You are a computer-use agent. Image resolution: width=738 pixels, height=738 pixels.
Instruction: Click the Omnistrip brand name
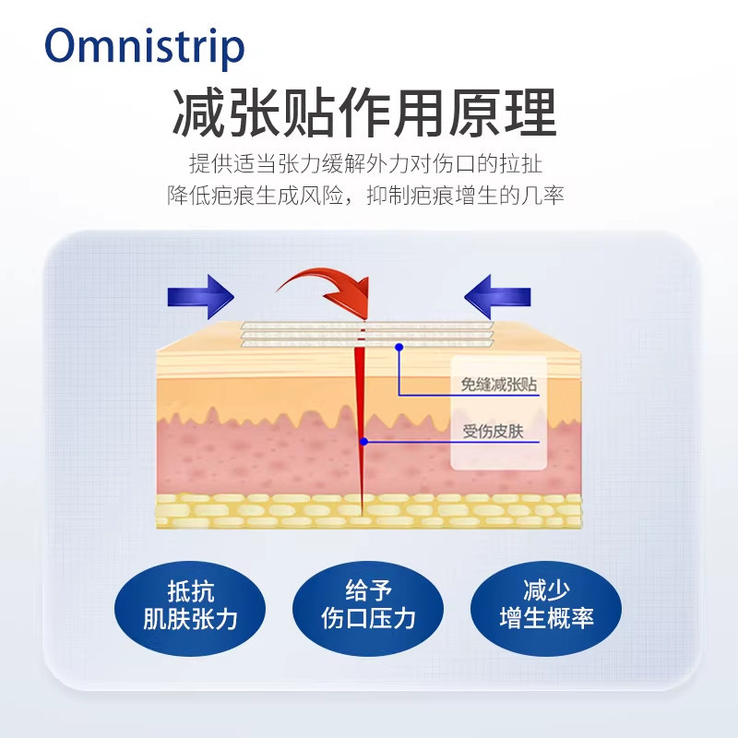coord(146,46)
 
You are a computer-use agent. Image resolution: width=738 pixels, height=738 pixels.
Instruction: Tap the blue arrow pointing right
coord(201,296)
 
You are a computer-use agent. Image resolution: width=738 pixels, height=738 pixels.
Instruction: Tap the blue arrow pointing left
coord(497,296)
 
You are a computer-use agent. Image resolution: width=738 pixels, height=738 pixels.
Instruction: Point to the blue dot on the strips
coord(399,347)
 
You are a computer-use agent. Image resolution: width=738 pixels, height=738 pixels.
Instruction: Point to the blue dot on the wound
coord(364,442)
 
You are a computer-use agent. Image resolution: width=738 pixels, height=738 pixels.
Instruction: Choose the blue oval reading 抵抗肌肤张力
coord(190,605)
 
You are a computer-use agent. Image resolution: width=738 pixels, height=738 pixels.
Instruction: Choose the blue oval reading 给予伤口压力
coord(368,605)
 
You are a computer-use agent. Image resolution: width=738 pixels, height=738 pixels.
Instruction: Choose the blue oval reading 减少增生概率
coord(545,605)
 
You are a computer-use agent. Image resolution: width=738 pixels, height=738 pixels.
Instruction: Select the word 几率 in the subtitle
coord(543,195)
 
